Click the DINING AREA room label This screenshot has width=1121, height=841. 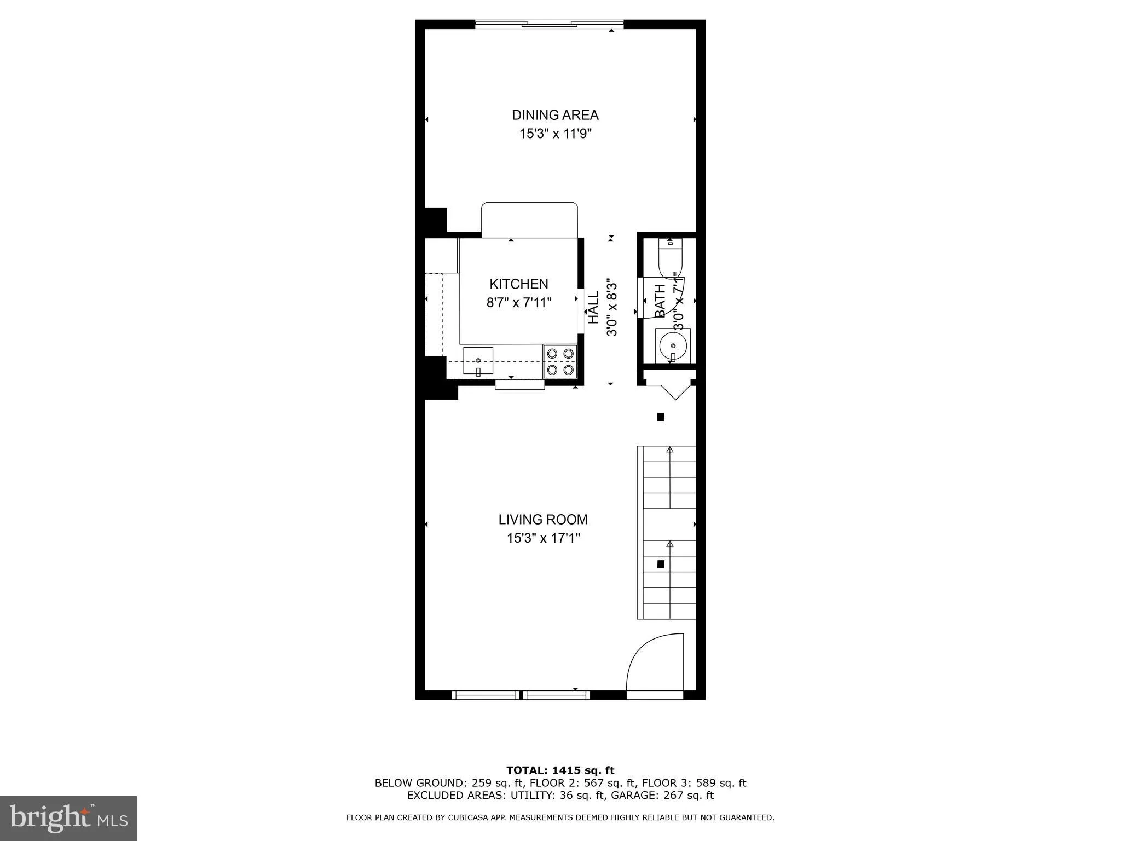click(x=555, y=115)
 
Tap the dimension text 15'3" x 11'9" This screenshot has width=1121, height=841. click(x=556, y=134)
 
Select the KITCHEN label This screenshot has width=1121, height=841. click(x=518, y=284)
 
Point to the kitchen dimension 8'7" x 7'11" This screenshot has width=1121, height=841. click(x=518, y=303)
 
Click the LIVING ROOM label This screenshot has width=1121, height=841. click(x=543, y=519)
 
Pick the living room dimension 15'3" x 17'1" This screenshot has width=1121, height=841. click(x=543, y=538)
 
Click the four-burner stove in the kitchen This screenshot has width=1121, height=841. click(x=560, y=361)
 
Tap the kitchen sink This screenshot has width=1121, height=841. click(x=478, y=361)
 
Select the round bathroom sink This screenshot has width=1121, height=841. click(x=673, y=345)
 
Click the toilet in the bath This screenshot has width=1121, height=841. click(x=670, y=261)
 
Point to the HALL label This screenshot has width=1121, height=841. click(x=593, y=307)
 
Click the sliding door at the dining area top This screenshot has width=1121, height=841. click(x=549, y=24)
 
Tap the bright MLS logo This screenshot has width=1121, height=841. click(x=68, y=818)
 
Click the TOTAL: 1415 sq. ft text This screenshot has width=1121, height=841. click(x=560, y=770)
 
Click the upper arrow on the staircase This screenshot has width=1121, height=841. click(x=669, y=450)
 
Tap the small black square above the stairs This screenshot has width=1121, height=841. click(x=660, y=417)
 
